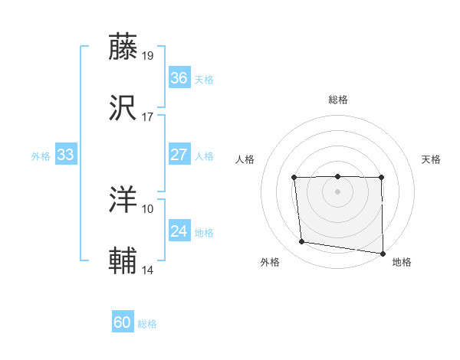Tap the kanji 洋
coord(123,199)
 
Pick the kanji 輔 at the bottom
coord(123,261)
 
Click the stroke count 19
coord(148,55)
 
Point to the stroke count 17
coord(148,117)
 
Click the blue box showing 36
coord(179,78)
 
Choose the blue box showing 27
coord(179,155)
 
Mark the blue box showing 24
coord(179,231)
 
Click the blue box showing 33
coord(65,155)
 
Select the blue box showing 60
coord(123,322)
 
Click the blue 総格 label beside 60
coord(147,324)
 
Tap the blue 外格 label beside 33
coord(41,156)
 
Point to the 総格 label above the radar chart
coord(337,100)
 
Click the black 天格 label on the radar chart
coord(431,159)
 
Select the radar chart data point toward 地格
coord(383,253)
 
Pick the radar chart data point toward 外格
coord(302,242)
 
